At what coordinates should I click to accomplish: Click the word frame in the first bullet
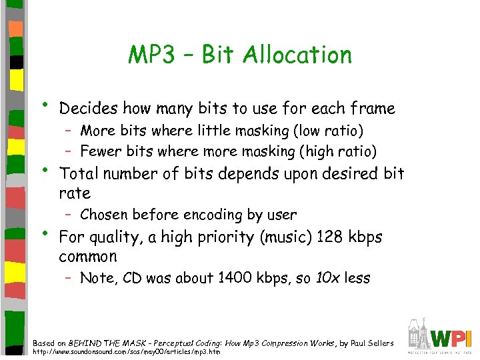[x=371, y=108]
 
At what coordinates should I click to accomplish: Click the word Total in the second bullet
[x=78, y=173]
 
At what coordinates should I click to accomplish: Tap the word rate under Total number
[x=74, y=193]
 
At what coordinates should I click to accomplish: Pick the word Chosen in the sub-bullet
[x=103, y=215]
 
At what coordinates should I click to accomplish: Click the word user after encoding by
[x=281, y=215]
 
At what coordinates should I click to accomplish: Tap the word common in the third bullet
[x=87, y=257]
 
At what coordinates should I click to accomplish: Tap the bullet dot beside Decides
[x=44, y=105]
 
